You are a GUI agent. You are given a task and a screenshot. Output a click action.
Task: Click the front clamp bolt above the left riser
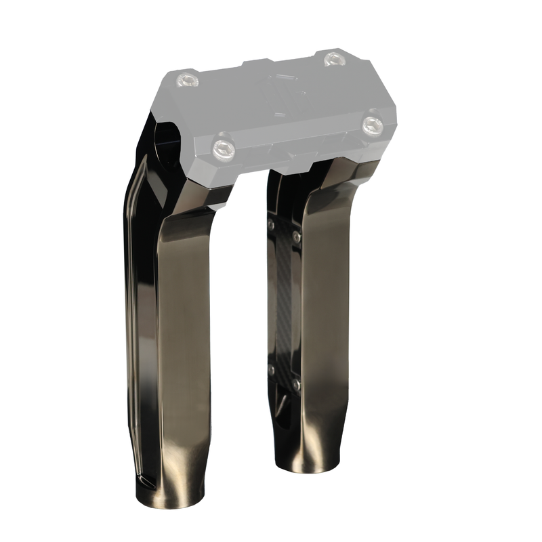[224, 148]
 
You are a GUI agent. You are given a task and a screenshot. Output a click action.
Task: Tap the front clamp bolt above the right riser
[372, 125]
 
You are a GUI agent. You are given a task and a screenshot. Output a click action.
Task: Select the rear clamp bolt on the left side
[187, 81]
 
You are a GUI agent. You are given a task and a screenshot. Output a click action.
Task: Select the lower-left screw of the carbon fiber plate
[271, 370]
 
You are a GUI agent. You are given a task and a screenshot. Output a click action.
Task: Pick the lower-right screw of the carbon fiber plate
[296, 385]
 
